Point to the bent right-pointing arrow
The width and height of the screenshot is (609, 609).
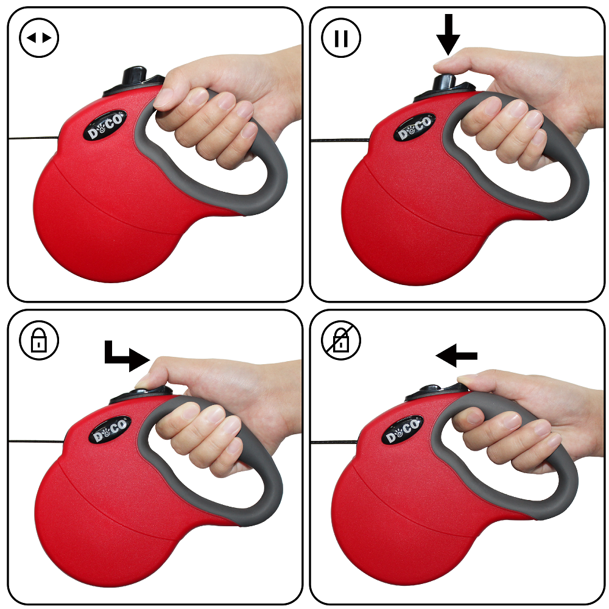[x=127, y=356]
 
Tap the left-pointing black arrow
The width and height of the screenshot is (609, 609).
[x=457, y=356]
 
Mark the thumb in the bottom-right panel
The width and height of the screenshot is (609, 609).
[x=472, y=381]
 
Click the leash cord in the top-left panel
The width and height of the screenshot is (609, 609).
[x=30, y=139]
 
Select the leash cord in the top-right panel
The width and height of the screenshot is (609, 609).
[x=335, y=141]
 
